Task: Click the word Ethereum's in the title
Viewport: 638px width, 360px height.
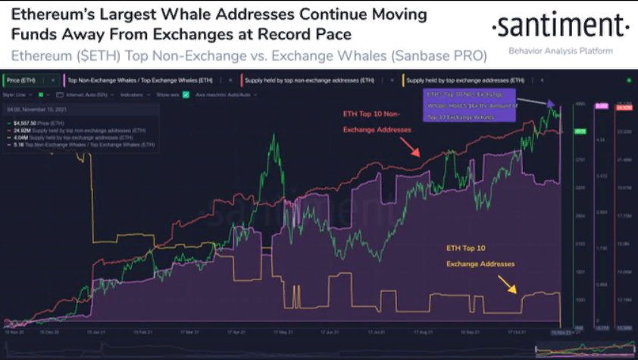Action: tap(48, 14)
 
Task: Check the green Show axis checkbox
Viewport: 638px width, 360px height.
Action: tap(186, 95)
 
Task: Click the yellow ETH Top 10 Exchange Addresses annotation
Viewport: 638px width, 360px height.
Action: tap(480, 257)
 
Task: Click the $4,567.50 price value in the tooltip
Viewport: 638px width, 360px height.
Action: tap(31, 121)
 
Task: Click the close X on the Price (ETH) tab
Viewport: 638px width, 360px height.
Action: tap(55, 80)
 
